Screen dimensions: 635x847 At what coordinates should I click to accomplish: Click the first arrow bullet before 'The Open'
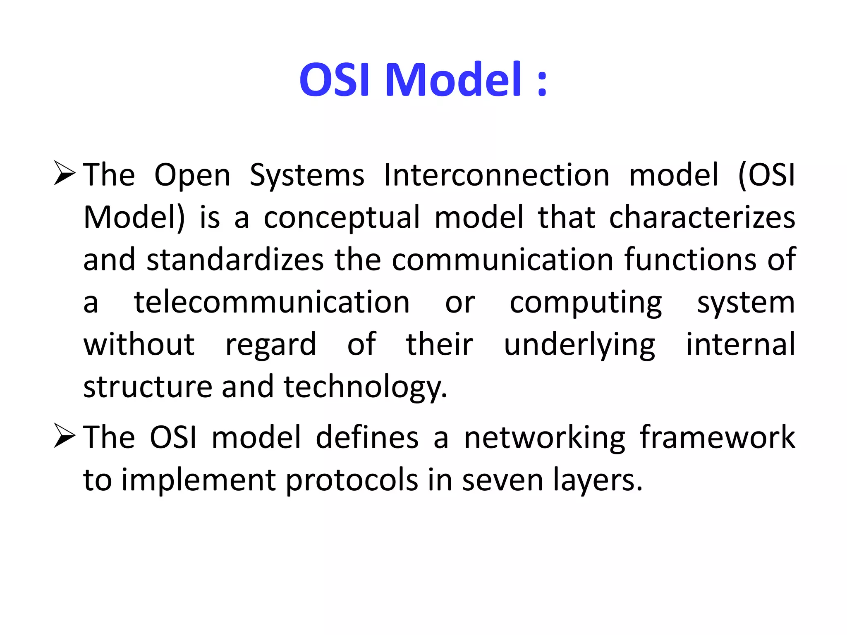pyautogui.click(x=64, y=174)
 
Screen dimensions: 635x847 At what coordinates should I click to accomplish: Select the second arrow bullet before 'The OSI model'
pyautogui.click(x=64, y=436)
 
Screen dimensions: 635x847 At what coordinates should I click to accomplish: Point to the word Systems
pyautogui.click(x=307, y=176)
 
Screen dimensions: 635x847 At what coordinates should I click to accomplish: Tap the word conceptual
pyautogui.click(x=342, y=218)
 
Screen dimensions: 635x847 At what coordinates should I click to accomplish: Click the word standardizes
pyautogui.click(x=235, y=260)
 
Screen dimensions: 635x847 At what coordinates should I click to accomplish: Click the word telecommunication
pyautogui.click(x=272, y=302)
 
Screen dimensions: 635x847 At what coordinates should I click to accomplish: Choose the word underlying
pyautogui.click(x=579, y=345)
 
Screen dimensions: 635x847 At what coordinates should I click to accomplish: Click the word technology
pyautogui.click(x=365, y=387)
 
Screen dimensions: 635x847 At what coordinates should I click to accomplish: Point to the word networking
pyautogui.click(x=544, y=438)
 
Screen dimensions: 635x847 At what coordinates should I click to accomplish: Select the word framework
pyautogui.click(x=717, y=437)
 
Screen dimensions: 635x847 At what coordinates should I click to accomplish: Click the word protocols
pyautogui.click(x=352, y=481)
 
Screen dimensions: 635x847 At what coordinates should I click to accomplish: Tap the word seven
pyautogui.click(x=502, y=480)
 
